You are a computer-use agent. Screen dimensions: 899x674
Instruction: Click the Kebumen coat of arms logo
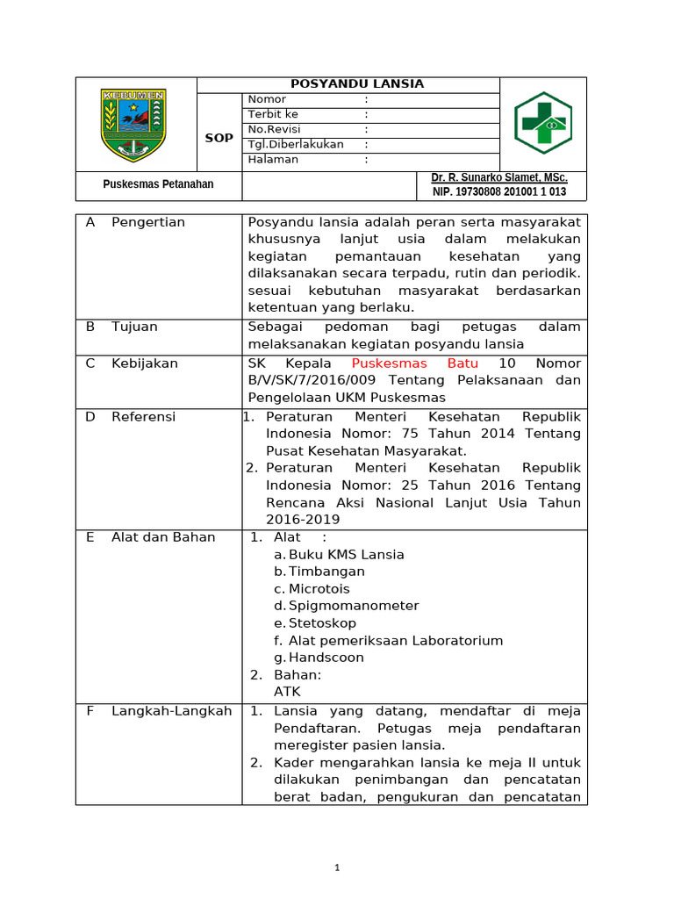(x=133, y=124)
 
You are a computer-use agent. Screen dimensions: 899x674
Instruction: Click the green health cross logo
(x=542, y=123)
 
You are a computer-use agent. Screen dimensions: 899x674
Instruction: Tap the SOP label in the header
(x=219, y=138)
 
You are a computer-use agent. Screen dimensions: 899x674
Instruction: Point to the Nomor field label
(x=267, y=99)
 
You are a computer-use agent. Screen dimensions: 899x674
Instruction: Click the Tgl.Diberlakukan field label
(x=296, y=144)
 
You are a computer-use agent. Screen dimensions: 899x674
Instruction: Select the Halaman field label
(x=273, y=159)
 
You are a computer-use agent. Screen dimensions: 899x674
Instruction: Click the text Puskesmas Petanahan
(x=158, y=184)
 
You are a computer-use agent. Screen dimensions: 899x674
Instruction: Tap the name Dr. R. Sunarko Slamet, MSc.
(x=498, y=178)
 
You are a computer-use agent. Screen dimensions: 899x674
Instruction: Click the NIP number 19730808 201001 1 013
(x=498, y=192)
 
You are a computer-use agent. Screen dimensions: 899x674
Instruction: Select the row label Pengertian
(x=148, y=222)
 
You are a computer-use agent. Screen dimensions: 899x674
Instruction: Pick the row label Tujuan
(x=134, y=327)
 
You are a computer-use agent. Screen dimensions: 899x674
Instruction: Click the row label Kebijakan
(x=144, y=363)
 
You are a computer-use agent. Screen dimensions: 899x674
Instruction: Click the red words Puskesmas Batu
(x=415, y=363)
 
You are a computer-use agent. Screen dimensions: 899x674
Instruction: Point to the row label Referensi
(x=143, y=417)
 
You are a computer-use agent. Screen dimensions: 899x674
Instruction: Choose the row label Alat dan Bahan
(x=162, y=537)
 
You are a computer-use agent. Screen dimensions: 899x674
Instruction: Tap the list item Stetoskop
(x=322, y=623)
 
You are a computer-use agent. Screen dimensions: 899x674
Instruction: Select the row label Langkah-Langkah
(x=171, y=711)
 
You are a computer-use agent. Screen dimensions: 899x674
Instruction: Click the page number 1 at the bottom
(x=336, y=868)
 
